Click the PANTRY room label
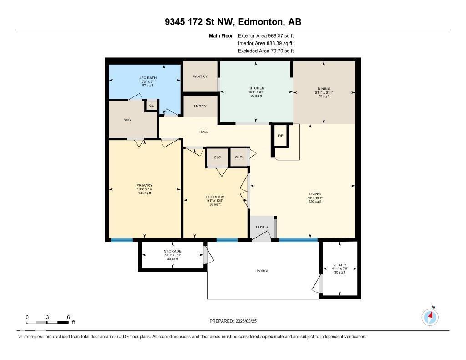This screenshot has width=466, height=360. pos(200,76)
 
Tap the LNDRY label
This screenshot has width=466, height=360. pos(200,106)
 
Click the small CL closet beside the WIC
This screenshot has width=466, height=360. pos(152,106)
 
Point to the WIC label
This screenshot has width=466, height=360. pos(127,120)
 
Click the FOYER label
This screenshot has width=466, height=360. pos(262,227)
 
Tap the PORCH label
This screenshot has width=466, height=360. pos(263,271)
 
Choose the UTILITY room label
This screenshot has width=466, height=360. pos(339,264)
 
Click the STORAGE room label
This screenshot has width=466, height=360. pos(172,251)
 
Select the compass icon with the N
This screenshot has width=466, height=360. pos(430,317)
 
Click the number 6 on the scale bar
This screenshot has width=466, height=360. pos(68,317)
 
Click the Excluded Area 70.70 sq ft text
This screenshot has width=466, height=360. pos(265,51)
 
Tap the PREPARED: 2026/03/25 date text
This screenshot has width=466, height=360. pos(236,321)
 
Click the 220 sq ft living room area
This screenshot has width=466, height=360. pos(315,202)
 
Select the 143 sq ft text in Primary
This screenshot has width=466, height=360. pos(145,193)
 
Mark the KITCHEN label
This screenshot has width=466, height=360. pos(256,88)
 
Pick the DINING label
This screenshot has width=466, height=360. pos(324,89)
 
